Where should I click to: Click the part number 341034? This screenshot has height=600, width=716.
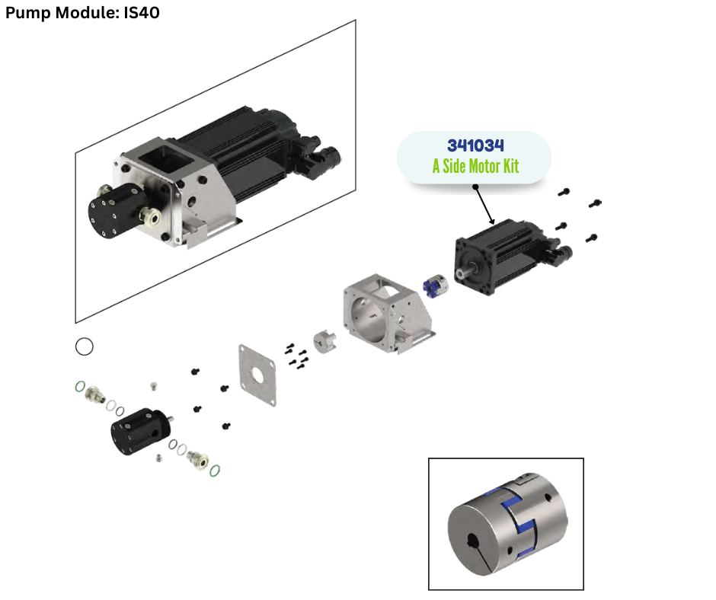tap(475, 145)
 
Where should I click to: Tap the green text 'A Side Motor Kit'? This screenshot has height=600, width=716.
tap(475, 166)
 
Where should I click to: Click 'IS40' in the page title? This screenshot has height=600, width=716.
tap(142, 12)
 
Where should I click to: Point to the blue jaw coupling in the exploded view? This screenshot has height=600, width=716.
tap(435, 286)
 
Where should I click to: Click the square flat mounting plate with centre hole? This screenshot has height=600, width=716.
tap(257, 375)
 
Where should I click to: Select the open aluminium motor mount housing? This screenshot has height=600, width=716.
tap(388, 314)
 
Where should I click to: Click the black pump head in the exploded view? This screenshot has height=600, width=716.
tap(140, 431)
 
